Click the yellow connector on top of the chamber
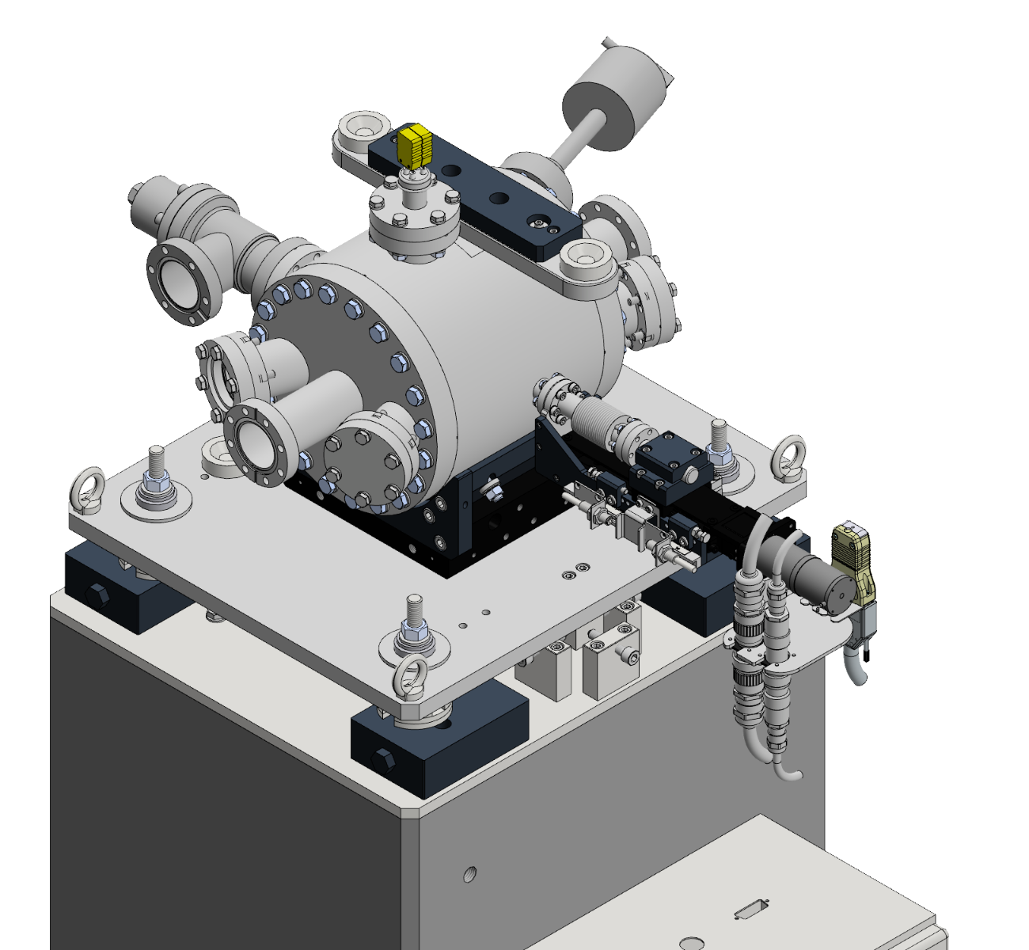(x=415, y=146)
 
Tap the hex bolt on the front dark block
(x=384, y=758)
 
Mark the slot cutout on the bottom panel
(x=750, y=910)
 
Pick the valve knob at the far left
(x=141, y=199)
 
